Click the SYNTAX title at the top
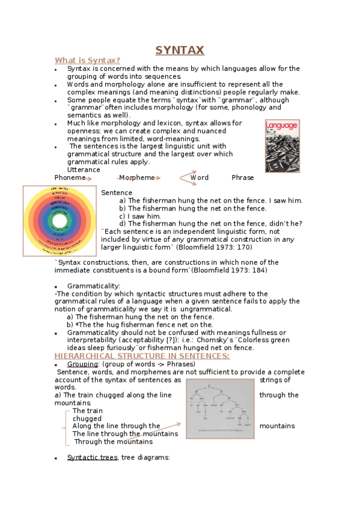(x=180, y=50)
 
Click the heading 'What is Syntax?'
(x=87, y=60)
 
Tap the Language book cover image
(x=282, y=146)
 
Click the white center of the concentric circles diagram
(x=59, y=221)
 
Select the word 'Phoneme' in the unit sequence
(x=70, y=177)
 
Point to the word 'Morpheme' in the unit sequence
(x=136, y=177)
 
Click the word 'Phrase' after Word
(x=243, y=177)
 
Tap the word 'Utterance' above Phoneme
(x=84, y=170)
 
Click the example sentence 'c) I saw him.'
(x=140, y=216)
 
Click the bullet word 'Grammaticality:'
(x=94, y=286)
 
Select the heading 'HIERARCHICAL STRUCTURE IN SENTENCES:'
(x=142, y=356)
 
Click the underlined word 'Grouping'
(x=82, y=364)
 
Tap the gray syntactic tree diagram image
(x=220, y=408)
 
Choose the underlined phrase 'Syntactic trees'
(x=92, y=457)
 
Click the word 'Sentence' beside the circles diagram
(x=117, y=192)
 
